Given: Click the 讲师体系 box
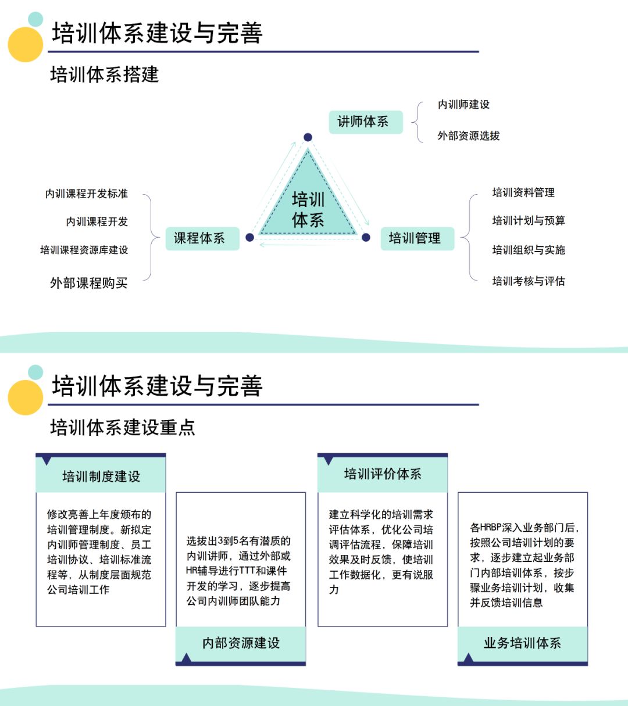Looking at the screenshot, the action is tap(366, 122).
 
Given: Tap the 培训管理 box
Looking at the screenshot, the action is tap(417, 238).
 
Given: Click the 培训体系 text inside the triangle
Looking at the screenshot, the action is tap(308, 210).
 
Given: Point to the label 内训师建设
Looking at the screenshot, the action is tap(463, 105).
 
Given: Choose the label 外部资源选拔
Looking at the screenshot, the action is tap(469, 136).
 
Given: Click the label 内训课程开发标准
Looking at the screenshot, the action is tap(87, 193).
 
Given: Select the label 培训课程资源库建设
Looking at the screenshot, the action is tap(84, 250).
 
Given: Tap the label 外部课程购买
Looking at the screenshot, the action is tap(88, 283).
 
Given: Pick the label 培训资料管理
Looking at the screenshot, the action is tap(523, 192).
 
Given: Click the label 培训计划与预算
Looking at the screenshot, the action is tap(529, 221).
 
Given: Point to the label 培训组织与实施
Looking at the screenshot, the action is tap(529, 250).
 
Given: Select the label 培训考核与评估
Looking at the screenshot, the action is tap(529, 281).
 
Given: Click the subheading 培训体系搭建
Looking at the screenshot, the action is tap(105, 75).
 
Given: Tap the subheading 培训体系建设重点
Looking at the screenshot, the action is tap(123, 428).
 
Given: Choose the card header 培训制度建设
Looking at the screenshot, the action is tap(101, 476).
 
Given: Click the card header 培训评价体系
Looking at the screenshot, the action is tap(383, 474).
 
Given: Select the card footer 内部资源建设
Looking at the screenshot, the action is tap(241, 643).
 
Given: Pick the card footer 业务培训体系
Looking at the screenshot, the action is tap(522, 643).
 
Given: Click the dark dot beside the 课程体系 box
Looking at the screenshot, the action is tap(249, 237).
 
